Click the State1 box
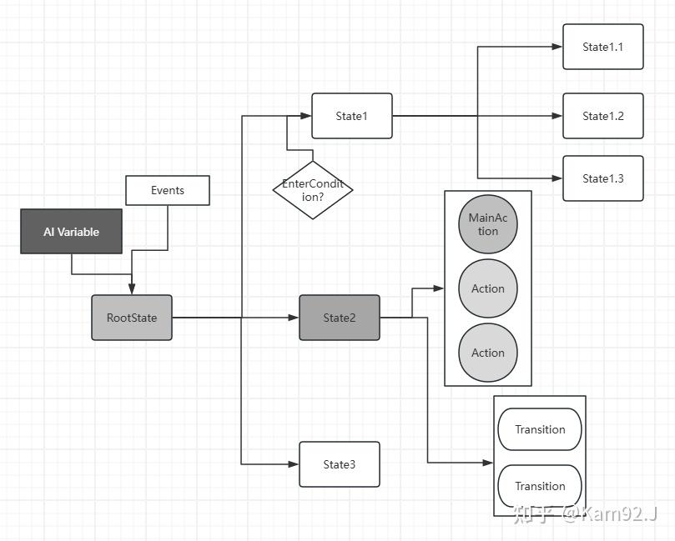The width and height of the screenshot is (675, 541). pos(351,116)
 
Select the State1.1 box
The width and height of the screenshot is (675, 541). pos(602,47)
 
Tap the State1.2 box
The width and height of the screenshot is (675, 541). pos(602,116)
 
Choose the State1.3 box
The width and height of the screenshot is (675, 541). pos(602,178)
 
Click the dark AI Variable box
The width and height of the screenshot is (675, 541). pos(71,232)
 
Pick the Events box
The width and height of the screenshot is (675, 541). pos(167,190)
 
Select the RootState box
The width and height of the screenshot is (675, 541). pos(132,318)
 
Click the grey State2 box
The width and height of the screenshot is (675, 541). pos(339,318)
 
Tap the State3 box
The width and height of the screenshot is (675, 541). pos(339,464)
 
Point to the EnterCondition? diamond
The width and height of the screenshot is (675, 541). pos(313,190)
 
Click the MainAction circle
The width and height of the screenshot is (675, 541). pos(488,225)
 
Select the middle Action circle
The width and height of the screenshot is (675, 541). pos(488,288)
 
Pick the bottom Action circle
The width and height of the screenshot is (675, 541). pos(488,353)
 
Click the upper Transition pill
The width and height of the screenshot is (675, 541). pos(540,429)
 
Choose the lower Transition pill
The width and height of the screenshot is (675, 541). pos(540,486)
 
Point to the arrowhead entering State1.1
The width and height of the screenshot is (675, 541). pos(558,47)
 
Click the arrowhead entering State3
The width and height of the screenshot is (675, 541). pos(295,464)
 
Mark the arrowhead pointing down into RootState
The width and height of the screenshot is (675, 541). pos(132,290)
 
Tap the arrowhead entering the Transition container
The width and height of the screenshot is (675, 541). pos(489,463)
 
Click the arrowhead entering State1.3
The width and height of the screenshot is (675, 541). pos(558,178)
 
